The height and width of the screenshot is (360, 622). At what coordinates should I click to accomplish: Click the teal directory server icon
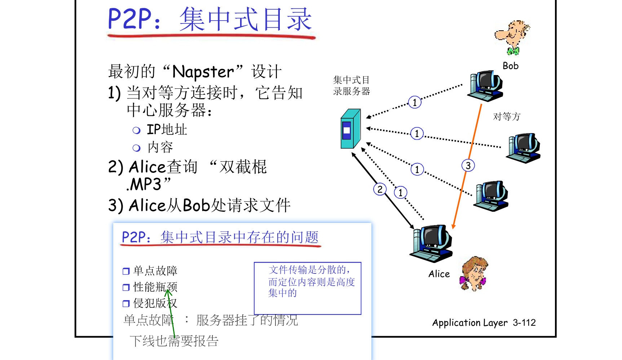click(x=350, y=129)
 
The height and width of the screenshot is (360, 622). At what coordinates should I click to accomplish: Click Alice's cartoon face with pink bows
click(x=474, y=273)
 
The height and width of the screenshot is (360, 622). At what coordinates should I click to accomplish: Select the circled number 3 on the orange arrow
click(x=468, y=166)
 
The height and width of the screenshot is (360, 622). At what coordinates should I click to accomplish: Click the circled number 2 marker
click(x=380, y=189)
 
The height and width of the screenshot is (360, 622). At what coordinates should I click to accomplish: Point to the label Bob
click(x=511, y=66)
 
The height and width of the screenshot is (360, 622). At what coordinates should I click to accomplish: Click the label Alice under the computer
click(x=439, y=274)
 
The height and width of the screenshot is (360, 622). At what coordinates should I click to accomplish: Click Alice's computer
click(x=431, y=243)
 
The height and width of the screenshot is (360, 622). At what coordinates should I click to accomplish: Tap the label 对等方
click(x=507, y=117)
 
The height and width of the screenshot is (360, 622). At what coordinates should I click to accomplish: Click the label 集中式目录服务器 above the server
click(x=352, y=85)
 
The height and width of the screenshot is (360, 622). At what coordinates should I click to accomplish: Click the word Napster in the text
click(x=203, y=72)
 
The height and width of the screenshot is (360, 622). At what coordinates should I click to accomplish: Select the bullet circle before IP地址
click(x=136, y=130)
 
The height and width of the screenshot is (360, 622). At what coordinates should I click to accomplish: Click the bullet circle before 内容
click(x=136, y=148)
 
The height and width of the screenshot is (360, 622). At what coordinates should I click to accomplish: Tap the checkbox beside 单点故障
click(x=126, y=271)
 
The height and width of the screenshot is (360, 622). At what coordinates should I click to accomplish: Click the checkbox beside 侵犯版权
click(x=126, y=304)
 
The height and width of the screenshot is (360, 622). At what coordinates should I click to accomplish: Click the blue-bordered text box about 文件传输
click(x=308, y=288)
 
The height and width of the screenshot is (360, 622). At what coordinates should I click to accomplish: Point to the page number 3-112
click(x=524, y=322)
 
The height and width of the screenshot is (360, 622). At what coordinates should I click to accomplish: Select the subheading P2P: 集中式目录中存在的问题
click(x=220, y=237)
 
